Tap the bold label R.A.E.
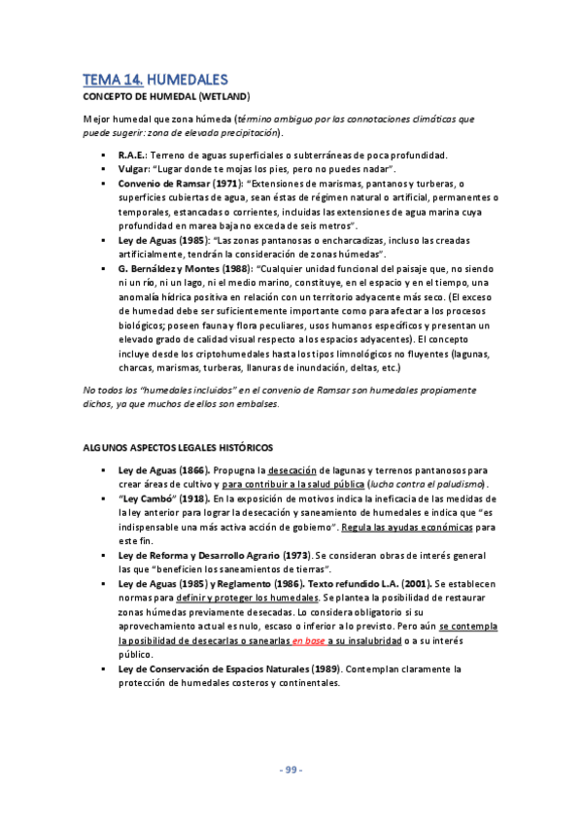132,155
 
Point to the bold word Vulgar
134,169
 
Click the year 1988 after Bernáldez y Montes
242,268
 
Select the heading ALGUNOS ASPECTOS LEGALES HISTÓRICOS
179,447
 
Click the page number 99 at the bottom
291,771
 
